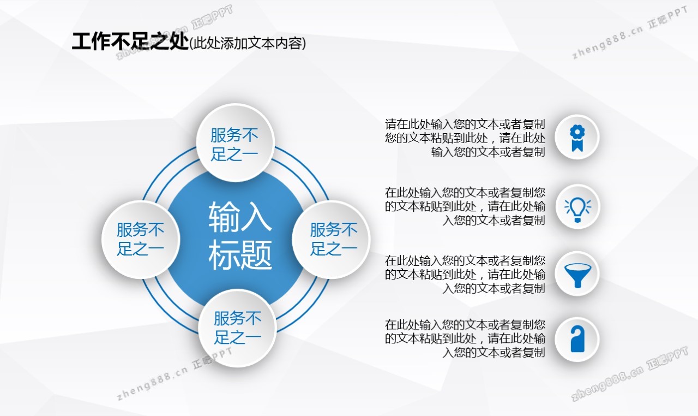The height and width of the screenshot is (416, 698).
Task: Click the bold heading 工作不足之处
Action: point(130,41)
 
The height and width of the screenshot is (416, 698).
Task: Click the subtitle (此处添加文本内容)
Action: point(248,43)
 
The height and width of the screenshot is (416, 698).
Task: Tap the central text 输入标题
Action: point(240,235)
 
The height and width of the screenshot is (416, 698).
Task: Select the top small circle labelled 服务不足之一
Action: point(235,143)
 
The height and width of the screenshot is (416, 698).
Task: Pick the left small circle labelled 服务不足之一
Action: point(141,240)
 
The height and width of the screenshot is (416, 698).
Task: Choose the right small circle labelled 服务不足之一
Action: point(331,240)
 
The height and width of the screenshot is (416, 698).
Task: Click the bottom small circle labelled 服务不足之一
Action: point(237,328)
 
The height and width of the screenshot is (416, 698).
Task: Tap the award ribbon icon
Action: point(577,138)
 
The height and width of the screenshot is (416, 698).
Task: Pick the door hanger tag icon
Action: point(577,339)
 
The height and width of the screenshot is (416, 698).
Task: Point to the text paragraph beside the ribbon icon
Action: point(465,138)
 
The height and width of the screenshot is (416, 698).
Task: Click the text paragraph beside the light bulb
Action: point(465,206)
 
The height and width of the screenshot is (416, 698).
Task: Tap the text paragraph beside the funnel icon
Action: point(465,275)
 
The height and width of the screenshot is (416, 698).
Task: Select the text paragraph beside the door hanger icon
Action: point(465,338)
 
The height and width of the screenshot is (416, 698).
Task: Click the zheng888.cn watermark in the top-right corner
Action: point(630,32)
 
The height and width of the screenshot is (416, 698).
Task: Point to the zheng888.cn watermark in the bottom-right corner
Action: point(629,373)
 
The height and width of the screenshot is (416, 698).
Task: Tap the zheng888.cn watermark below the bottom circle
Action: point(174,373)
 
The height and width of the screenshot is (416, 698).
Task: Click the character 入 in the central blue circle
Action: point(256,216)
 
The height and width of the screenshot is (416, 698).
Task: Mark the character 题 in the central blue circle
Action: point(256,255)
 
